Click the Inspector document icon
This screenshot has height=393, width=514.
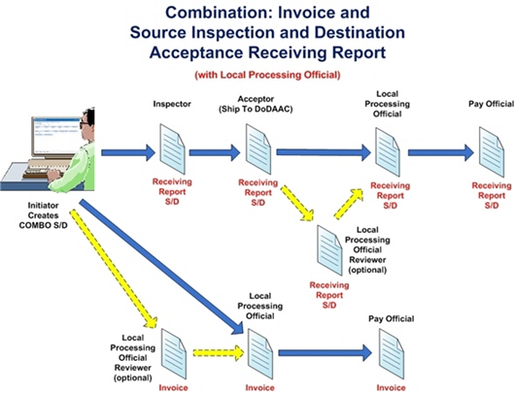click(x=171, y=150)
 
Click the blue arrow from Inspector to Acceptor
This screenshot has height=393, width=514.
click(x=213, y=151)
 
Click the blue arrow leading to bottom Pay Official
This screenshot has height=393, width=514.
click(x=323, y=352)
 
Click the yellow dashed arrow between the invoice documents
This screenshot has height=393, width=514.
click(x=215, y=352)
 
